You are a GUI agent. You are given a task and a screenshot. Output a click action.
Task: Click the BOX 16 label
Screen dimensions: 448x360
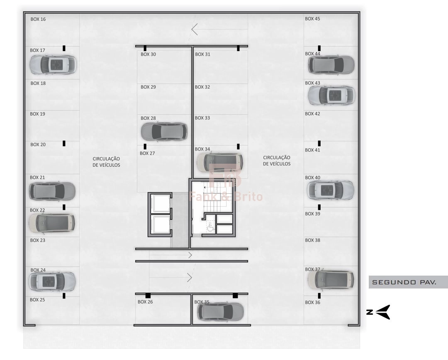38,19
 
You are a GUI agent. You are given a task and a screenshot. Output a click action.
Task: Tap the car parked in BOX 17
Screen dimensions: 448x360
53,65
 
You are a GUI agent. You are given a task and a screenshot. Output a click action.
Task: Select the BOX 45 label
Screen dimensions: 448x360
312,19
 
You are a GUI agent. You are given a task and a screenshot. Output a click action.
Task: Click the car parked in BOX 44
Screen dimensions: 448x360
331,65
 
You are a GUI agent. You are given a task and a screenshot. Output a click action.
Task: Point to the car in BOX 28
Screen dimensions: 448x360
164,131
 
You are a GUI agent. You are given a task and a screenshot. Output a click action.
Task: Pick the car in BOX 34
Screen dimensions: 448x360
220,162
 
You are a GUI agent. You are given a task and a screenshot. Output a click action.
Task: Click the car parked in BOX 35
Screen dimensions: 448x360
220,312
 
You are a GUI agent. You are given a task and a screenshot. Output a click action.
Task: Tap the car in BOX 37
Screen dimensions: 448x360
331,279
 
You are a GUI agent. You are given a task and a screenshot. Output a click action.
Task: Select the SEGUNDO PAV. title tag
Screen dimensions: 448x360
404,282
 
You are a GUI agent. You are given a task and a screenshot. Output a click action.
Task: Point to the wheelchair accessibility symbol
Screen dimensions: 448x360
211,226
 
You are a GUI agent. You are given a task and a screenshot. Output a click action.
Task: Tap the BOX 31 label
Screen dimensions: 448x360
202,54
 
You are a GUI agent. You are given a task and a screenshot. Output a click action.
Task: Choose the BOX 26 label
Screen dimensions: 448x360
145,301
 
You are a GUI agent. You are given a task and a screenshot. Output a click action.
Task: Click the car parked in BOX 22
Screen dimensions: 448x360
52,222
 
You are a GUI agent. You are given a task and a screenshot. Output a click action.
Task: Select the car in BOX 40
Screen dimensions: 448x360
331,190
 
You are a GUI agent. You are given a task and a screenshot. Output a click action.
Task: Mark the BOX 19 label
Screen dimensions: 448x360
37,114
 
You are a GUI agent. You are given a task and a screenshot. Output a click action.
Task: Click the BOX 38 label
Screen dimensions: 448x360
313,240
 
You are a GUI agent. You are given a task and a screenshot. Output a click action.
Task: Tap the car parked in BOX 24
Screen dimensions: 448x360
52,281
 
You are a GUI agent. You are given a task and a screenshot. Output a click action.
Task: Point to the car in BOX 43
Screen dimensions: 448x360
331,95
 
